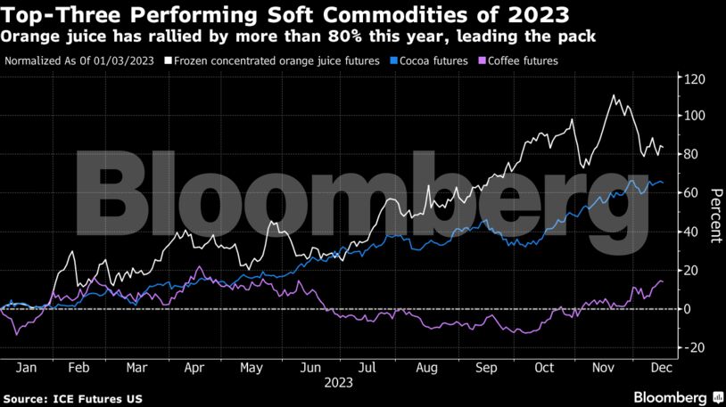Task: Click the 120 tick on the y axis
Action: tap(694, 79)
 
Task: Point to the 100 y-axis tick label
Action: tap(694, 116)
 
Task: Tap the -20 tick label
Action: tap(694, 347)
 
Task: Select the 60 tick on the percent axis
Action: tap(691, 193)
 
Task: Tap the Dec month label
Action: tap(661, 368)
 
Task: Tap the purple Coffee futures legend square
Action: tap(483, 61)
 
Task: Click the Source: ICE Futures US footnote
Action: tap(71, 397)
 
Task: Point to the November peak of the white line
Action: tap(614, 95)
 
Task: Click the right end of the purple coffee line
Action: tap(662, 281)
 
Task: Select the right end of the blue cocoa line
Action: tap(663, 183)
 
